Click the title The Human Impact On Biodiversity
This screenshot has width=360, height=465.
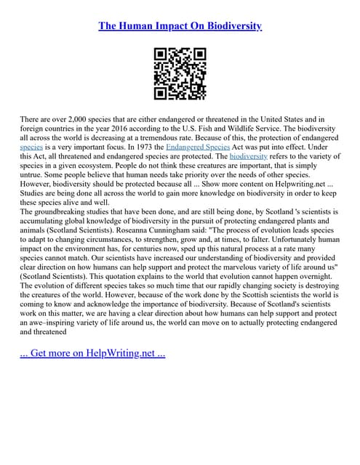point(180,26)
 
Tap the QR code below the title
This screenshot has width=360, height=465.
point(180,73)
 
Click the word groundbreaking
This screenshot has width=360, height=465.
point(65,211)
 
